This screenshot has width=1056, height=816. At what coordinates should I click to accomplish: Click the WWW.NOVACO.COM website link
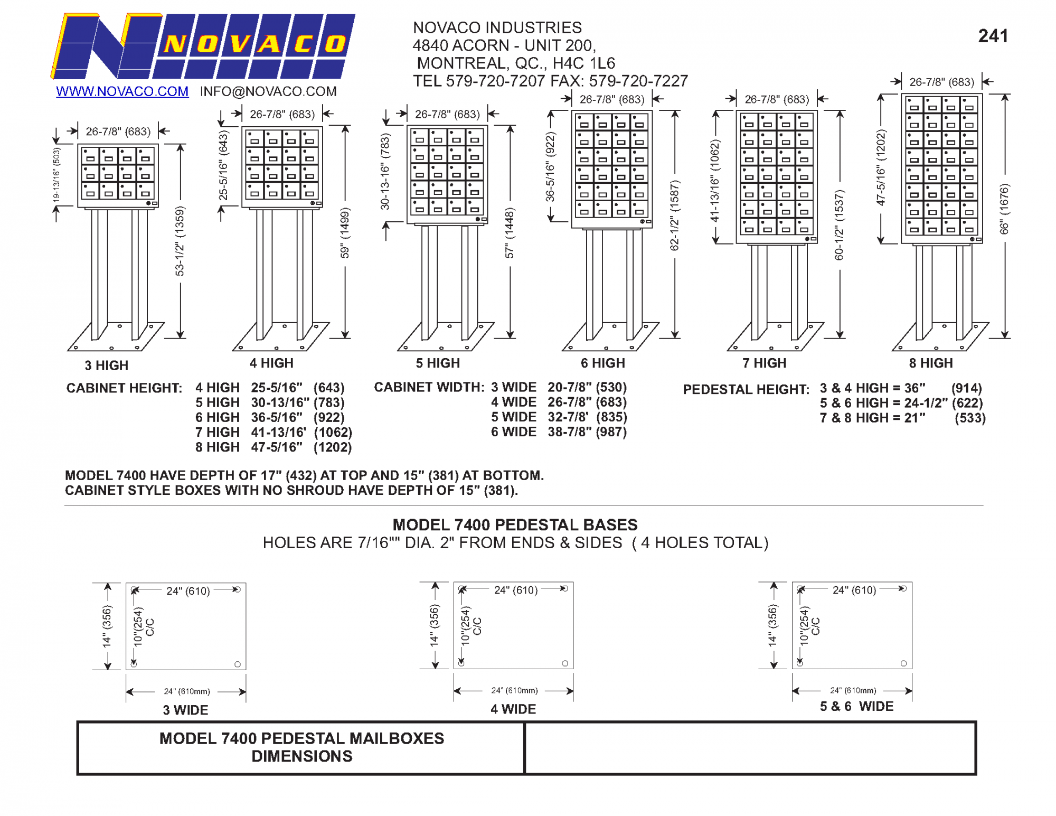pyautogui.click(x=122, y=91)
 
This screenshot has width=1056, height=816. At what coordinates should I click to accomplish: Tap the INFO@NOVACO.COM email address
pyautogui.click(x=268, y=91)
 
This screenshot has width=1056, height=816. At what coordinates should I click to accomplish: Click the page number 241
pyautogui.click(x=993, y=36)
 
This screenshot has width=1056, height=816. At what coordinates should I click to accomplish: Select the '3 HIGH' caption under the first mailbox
pyautogui.click(x=106, y=365)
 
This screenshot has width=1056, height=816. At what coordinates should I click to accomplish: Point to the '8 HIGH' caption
pyautogui.click(x=930, y=363)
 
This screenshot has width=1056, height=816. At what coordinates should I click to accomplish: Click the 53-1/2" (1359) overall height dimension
pyautogui.click(x=180, y=241)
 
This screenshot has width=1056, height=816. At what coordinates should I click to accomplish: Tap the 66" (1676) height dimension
pyautogui.click(x=1004, y=209)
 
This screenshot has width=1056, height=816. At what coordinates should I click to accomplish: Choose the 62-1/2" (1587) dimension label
pyautogui.click(x=674, y=215)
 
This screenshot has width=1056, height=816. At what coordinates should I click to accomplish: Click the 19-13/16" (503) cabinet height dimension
pyautogui.click(x=56, y=174)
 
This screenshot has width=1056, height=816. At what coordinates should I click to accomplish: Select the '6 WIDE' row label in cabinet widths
pyautogui.click(x=513, y=432)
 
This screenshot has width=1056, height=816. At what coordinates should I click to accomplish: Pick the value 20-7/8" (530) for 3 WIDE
pyautogui.click(x=587, y=387)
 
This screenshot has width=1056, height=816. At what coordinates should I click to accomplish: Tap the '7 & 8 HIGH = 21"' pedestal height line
pyautogui.click(x=872, y=418)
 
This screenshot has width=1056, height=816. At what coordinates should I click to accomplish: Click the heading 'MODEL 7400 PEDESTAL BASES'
pyautogui.click(x=515, y=524)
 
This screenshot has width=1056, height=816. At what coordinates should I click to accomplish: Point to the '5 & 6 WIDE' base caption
pyautogui.click(x=856, y=706)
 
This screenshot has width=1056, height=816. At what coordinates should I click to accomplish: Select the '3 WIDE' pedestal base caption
pyautogui.click(x=185, y=710)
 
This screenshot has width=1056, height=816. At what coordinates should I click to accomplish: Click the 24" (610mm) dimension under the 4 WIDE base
pyautogui.click(x=514, y=690)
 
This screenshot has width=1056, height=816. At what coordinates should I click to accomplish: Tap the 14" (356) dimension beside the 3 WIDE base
pyautogui.click(x=107, y=626)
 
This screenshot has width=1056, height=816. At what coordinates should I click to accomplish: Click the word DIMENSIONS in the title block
pyautogui.click(x=301, y=756)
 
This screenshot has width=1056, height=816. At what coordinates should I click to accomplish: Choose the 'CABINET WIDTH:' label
pyautogui.click(x=429, y=387)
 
